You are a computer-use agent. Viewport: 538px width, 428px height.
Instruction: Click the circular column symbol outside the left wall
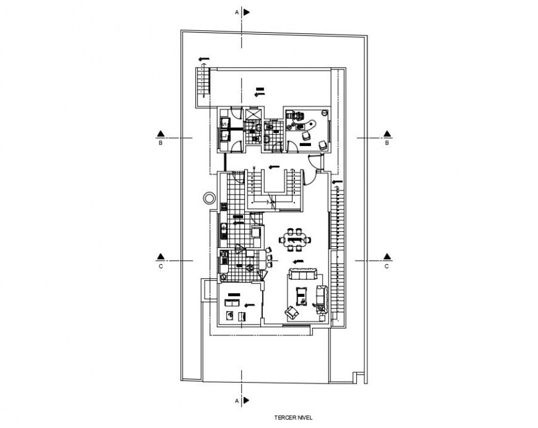pyautogui.click(x=209, y=198)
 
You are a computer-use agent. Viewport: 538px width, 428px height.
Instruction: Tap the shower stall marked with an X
pyautogui.click(x=253, y=114)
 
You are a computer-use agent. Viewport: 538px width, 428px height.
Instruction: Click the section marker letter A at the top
pyautogui.click(x=236, y=12)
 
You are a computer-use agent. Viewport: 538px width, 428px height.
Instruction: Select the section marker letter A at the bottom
pyautogui.click(x=236, y=401)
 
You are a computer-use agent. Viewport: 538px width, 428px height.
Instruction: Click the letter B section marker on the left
pyautogui.click(x=160, y=143)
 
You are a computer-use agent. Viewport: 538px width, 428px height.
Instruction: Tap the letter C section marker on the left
pyautogui.click(x=160, y=267)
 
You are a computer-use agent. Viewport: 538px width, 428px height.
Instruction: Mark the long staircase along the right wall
pyautogui.click(x=336, y=247)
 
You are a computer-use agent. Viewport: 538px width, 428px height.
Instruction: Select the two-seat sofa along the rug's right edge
pyautogui.click(x=321, y=297)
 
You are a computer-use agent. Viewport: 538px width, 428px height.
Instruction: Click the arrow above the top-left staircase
pyautogui.click(x=203, y=59)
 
